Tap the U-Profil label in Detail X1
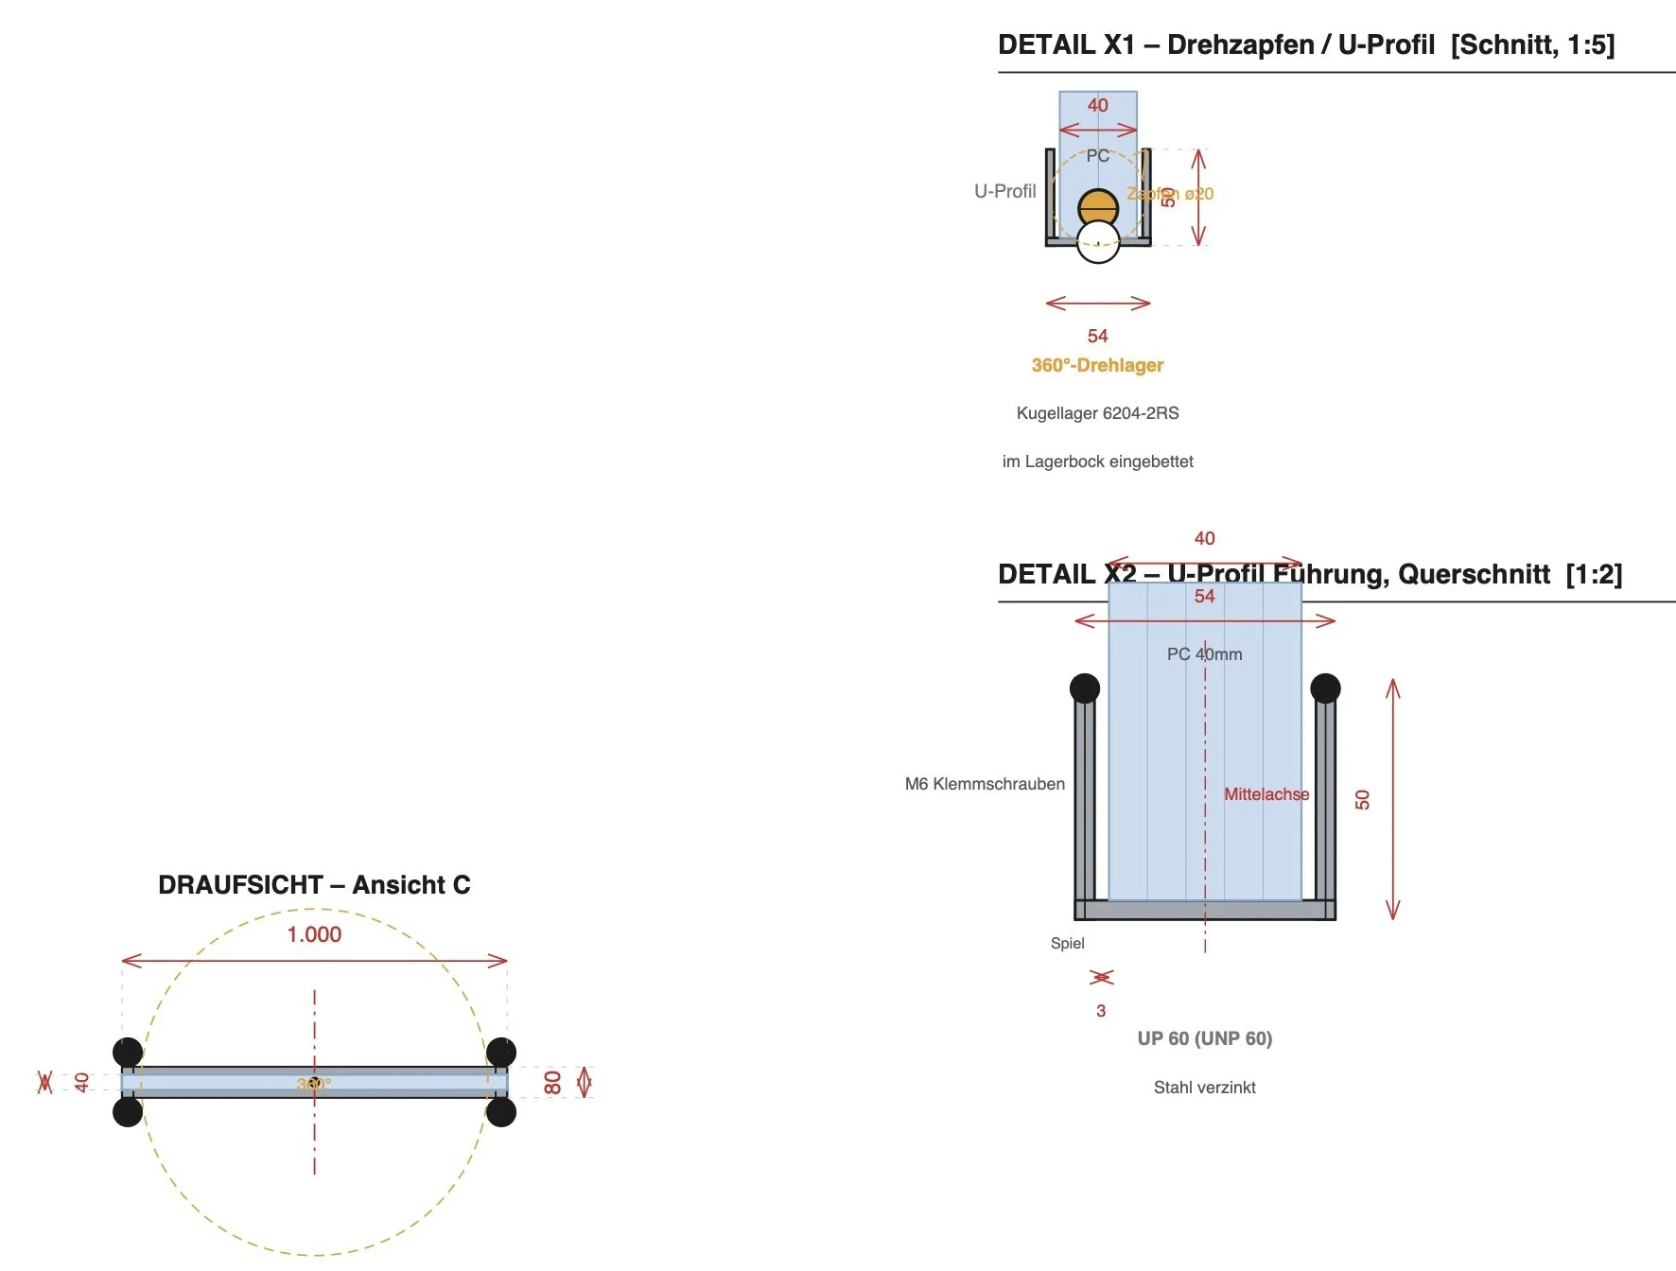pos(1004,191)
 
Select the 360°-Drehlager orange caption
pos(1097,365)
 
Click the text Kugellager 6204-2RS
pos(1097,413)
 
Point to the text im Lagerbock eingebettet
pos(1097,461)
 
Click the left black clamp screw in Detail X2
pos(1085,688)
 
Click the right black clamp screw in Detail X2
pos(1325,688)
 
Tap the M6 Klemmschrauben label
pos(985,784)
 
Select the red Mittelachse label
pos(1266,794)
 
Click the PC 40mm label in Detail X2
pos(1204,654)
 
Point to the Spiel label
pos(1067,943)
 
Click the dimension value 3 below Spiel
pos(1101,1011)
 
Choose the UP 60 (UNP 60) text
pos(1204,1038)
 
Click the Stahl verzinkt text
pos(1204,1088)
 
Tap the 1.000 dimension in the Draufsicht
pos(314,934)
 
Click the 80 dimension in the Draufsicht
pos(553,1082)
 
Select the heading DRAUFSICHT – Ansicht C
pos(314,885)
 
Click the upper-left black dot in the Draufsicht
pos(128,1052)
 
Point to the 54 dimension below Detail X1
pos(1097,336)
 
